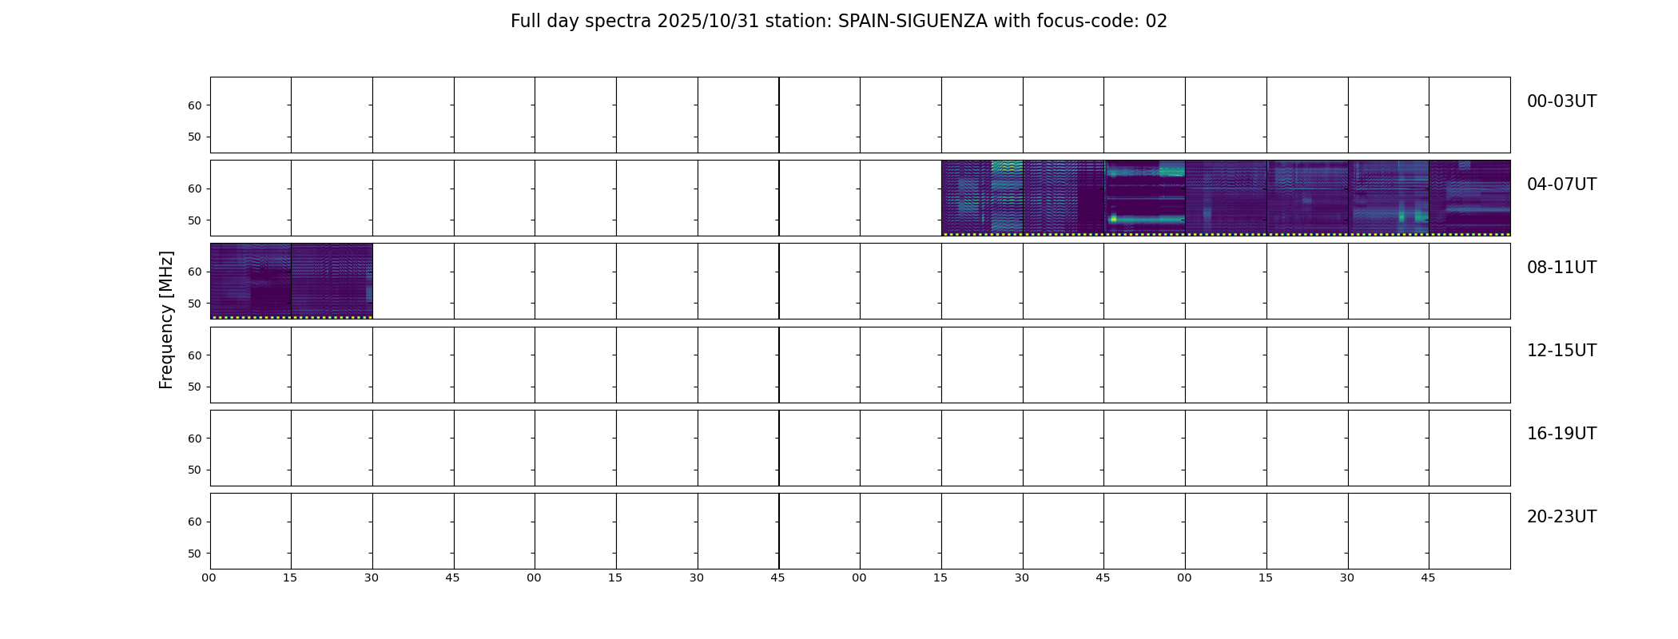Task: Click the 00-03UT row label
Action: [1561, 101]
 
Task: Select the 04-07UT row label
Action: [1561, 185]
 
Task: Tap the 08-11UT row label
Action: [1561, 268]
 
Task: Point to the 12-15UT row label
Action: [1561, 351]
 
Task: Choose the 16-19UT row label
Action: [1561, 434]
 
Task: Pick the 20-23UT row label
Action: [1561, 517]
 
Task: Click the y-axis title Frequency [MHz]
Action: [166, 319]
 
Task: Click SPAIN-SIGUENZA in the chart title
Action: [913, 22]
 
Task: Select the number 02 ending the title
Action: [1156, 22]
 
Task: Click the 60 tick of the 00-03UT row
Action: [194, 105]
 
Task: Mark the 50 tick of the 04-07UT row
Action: [194, 220]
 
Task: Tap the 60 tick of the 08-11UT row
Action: [194, 272]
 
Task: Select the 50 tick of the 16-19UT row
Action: [194, 470]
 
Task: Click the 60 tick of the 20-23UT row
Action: [194, 522]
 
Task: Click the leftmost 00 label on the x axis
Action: [209, 578]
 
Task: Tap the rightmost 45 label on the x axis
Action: [1428, 578]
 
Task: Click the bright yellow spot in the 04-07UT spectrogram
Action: [1113, 218]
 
